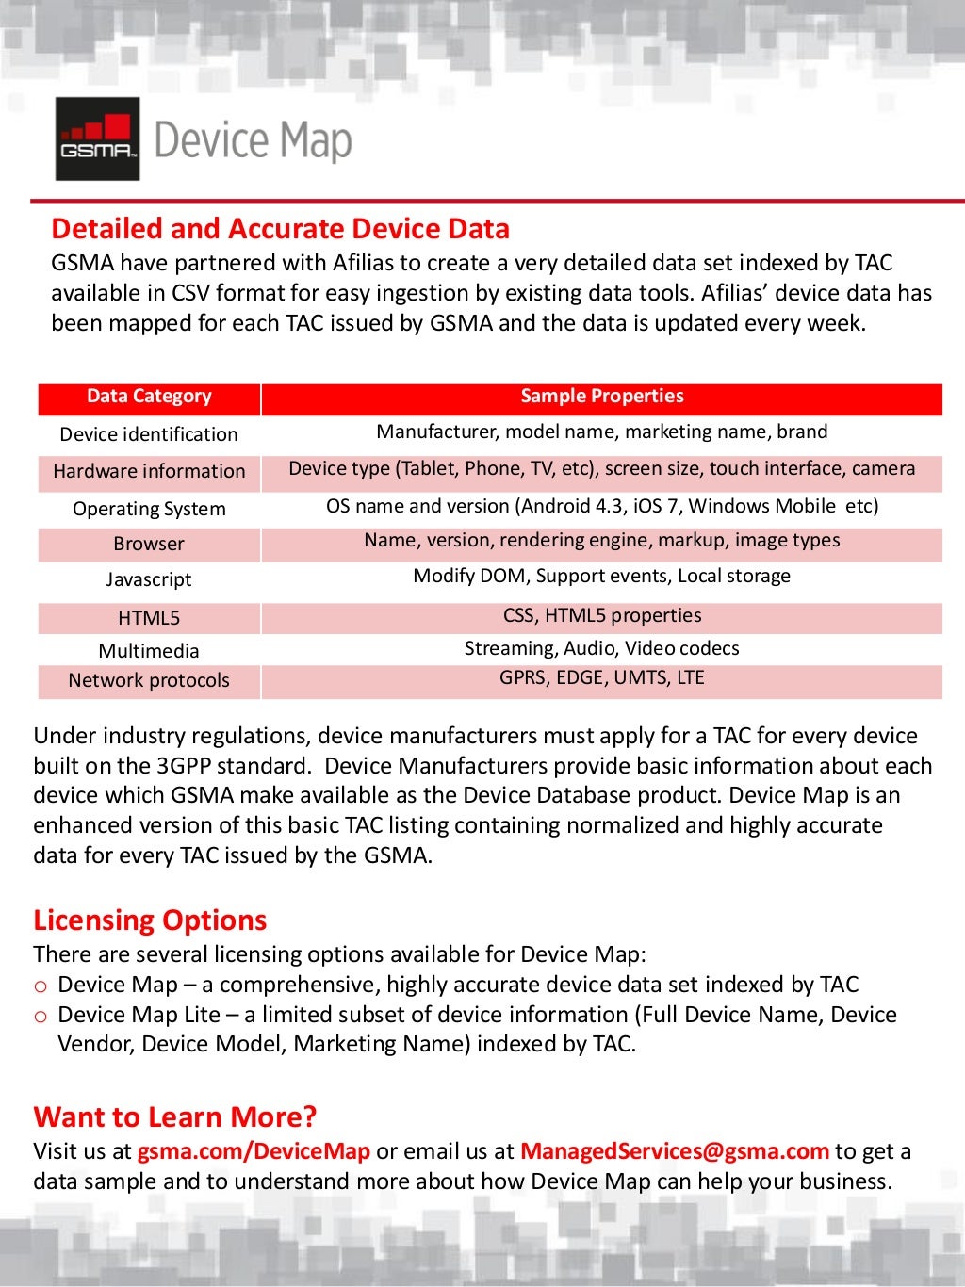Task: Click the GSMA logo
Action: pyautogui.click(x=97, y=138)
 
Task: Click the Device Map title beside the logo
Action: pyautogui.click(x=253, y=140)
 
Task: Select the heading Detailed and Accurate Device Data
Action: pyautogui.click(x=280, y=229)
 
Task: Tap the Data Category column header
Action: pyautogui.click(x=149, y=397)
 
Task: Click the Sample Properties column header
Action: pyautogui.click(x=601, y=397)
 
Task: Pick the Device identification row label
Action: pyautogui.click(x=149, y=434)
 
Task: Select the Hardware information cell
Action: pyautogui.click(x=149, y=471)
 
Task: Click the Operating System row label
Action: pyautogui.click(x=149, y=509)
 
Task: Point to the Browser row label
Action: pyautogui.click(x=149, y=544)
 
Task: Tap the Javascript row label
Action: pyautogui.click(x=149, y=579)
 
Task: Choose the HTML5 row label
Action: pyautogui.click(x=149, y=618)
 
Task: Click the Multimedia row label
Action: pyautogui.click(x=149, y=651)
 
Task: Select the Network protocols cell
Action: pyautogui.click(x=149, y=680)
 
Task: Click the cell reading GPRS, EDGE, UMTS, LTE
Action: pyautogui.click(x=601, y=678)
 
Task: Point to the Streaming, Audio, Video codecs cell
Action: pyautogui.click(x=601, y=648)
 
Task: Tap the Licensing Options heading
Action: pyautogui.click(x=150, y=920)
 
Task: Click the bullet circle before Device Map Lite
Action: pyautogui.click(x=41, y=1017)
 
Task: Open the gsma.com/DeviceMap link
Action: pyautogui.click(x=254, y=1151)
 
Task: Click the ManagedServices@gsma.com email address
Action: pyautogui.click(x=674, y=1151)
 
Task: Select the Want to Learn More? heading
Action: pyautogui.click(x=174, y=1117)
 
